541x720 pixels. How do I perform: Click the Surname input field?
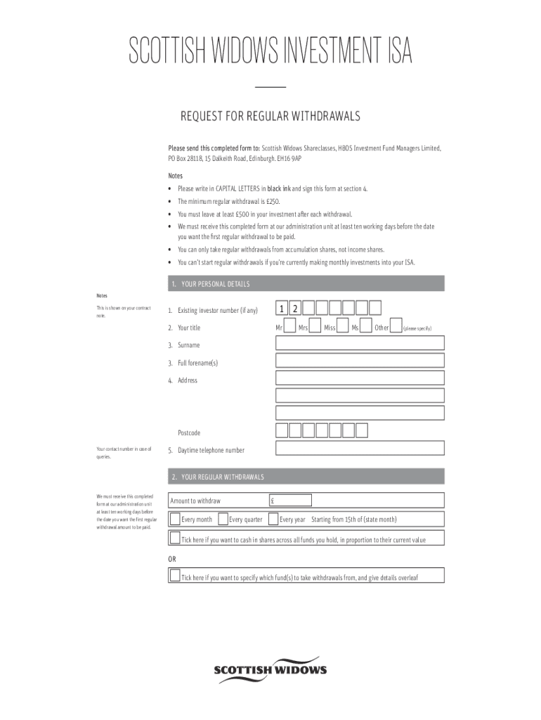pos(360,343)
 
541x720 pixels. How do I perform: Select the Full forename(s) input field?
pos(360,361)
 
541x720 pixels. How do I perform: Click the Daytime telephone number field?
pos(360,448)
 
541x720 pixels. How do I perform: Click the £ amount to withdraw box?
pos(290,500)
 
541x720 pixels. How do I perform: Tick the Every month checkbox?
pos(175,519)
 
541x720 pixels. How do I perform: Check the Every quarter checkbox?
pos(223,519)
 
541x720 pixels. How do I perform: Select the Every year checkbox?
pos(273,519)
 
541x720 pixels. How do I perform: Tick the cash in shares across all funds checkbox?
pos(175,539)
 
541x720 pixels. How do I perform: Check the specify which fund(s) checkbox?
pos(175,576)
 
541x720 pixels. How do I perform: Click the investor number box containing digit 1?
pos(282,308)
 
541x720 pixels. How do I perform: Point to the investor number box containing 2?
pos(295,308)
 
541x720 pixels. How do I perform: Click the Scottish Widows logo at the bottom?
pos(270,670)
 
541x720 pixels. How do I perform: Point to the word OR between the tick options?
pos(172,558)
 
